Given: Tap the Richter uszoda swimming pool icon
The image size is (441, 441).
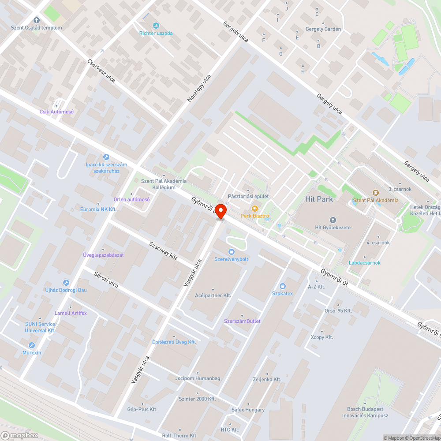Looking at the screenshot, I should tap(156, 26).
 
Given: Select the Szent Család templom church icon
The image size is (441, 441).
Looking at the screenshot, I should tap(37, 20).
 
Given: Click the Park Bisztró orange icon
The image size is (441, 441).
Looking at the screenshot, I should tap(254, 208).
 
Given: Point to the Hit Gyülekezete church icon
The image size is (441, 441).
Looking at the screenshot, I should tap(333, 220).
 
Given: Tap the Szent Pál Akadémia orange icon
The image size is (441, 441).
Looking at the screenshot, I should tap(375, 193).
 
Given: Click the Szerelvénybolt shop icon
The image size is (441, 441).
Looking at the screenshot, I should tap(231, 251).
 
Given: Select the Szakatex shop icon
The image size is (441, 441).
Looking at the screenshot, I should tap(282, 286).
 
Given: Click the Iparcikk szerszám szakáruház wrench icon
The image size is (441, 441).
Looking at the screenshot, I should tap(106, 157).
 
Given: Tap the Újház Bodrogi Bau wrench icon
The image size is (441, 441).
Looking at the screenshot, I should tap(66, 282).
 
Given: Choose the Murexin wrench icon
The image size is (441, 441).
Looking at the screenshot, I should tap(32, 345).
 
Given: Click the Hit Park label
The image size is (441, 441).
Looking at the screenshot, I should tap(319, 199).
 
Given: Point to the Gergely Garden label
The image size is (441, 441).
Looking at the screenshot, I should tap(323, 29).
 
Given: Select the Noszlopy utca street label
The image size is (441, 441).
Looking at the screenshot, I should tap(199, 89).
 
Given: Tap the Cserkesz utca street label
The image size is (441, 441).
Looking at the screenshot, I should tap(101, 71).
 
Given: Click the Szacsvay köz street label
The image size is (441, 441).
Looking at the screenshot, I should tap(163, 250).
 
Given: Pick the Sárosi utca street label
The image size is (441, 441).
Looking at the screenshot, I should tap(106, 280).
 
